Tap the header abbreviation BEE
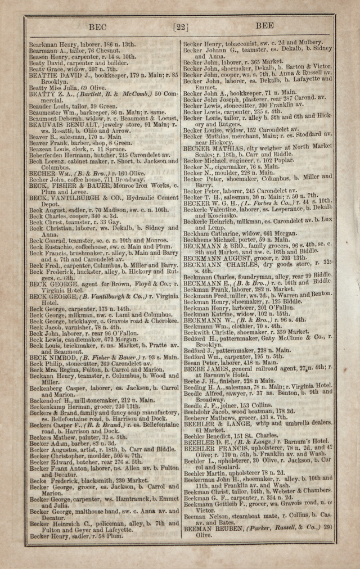coord(264,26)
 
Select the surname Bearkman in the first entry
coord(43,44)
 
